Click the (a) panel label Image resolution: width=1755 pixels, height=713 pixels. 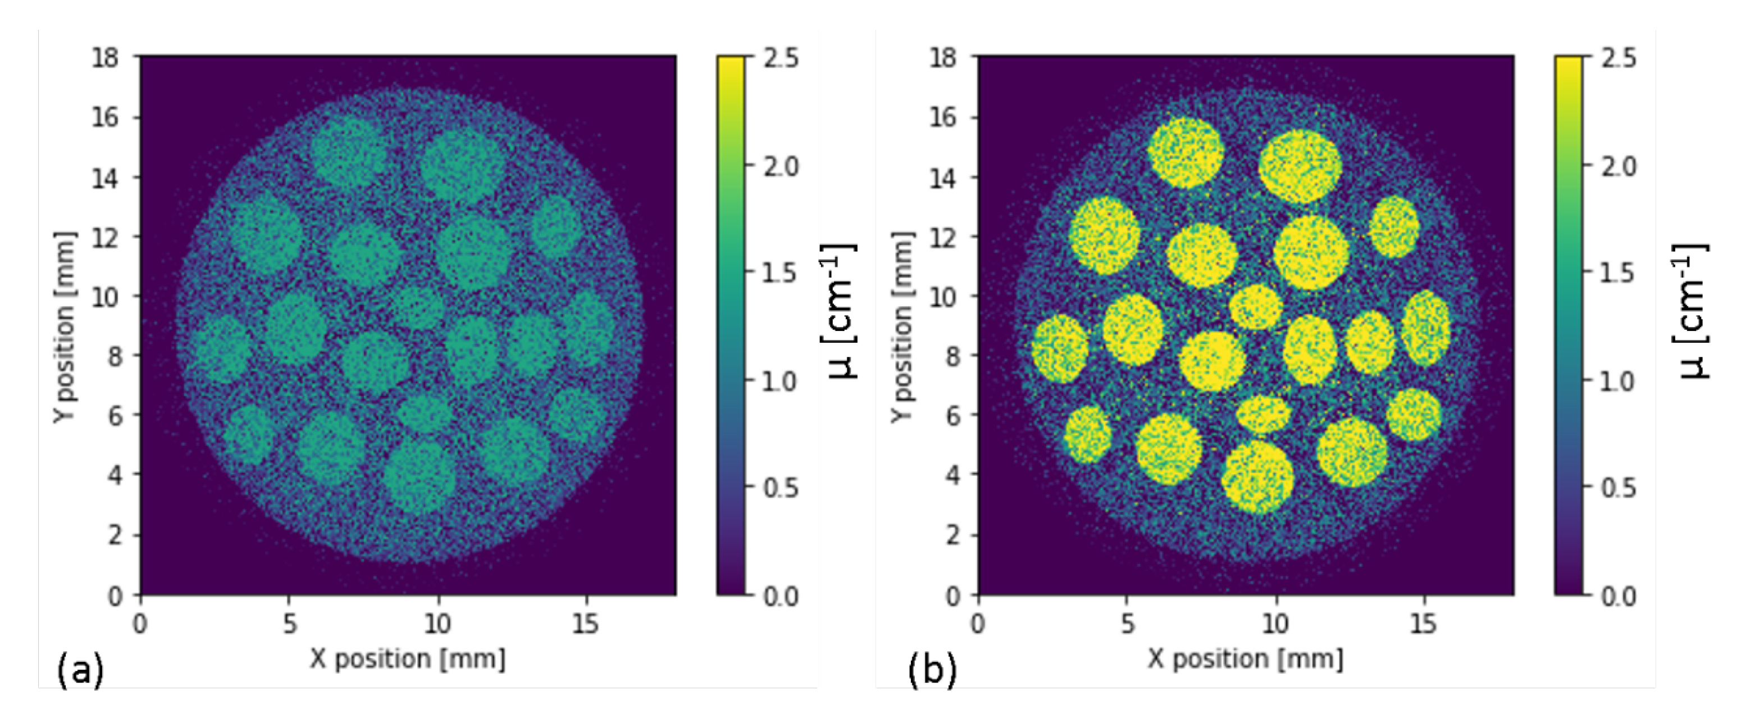(80, 670)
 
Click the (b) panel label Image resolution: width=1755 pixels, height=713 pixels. (932, 670)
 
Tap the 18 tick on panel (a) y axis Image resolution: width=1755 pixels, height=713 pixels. (106, 58)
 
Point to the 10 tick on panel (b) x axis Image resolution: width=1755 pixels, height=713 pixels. (1275, 623)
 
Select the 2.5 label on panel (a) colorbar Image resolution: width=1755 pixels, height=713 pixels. (780, 58)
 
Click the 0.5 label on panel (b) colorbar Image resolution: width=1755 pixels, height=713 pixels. (1618, 488)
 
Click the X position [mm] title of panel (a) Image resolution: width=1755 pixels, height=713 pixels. (407, 659)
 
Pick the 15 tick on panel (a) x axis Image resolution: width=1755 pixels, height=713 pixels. (585, 623)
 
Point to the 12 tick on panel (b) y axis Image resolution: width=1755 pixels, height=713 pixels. (943, 237)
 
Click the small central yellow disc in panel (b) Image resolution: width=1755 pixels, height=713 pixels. (1256, 307)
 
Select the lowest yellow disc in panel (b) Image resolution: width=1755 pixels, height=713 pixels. (1257, 477)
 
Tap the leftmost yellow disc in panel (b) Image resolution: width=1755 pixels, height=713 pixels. (1060, 348)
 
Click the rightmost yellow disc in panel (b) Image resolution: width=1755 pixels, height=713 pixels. (1426, 327)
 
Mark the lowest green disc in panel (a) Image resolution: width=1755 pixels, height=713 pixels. (419, 475)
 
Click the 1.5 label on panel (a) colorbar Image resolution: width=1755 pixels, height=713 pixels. (780, 273)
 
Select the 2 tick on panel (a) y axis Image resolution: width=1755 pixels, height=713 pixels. (115, 535)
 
